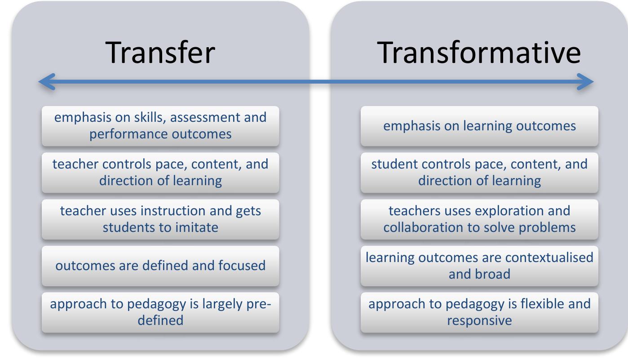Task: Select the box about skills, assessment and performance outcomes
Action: click(x=160, y=126)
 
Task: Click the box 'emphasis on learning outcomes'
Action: click(x=479, y=126)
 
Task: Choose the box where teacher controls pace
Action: click(x=160, y=173)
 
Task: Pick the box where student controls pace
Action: click(x=479, y=173)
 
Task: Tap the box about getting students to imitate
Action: click(x=160, y=219)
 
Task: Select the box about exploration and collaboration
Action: click(x=479, y=219)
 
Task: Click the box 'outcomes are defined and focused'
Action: click(x=160, y=266)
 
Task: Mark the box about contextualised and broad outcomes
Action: click(x=479, y=266)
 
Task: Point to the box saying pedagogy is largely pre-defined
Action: click(x=160, y=312)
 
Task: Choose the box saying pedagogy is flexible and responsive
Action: click(x=479, y=312)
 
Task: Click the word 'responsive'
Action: click(x=479, y=320)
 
